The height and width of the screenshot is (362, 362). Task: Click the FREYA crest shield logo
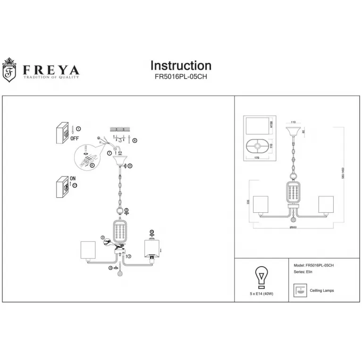pyautogui.click(x=9, y=70)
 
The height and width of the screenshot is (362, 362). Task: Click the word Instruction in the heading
pyautogui.click(x=181, y=66)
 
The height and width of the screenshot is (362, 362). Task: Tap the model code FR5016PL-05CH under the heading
pyautogui.click(x=181, y=77)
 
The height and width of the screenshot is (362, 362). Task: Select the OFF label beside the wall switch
pyautogui.click(x=75, y=138)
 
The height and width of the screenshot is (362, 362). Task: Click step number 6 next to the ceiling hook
pyautogui.click(x=135, y=140)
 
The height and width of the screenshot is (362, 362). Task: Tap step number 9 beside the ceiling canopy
pyautogui.click(x=130, y=166)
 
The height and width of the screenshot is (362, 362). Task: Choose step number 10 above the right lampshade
pyautogui.click(x=152, y=232)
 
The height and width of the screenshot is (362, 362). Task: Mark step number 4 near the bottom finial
pyautogui.click(x=111, y=268)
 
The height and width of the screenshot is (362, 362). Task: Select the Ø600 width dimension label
pyautogui.click(x=293, y=228)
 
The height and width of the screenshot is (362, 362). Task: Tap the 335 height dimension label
pyautogui.click(x=248, y=202)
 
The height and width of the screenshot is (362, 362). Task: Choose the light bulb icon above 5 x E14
pyautogui.click(x=261, y=277)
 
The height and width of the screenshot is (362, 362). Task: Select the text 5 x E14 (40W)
pyautogui.click(x=261, y=294)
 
